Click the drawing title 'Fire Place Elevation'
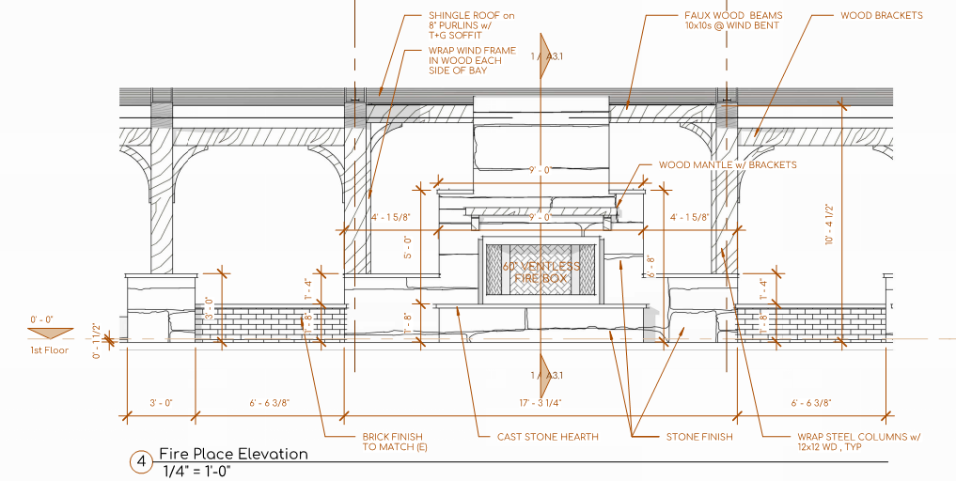pyautogui.click(x=233, y=454)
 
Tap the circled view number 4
pyautogui.click(x=140, y=461)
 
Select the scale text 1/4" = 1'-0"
pyautogui.click(x=196, y=471)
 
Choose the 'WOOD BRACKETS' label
pyautogui.click(x=881, y=15)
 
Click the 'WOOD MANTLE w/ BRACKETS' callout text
pyautogui.click(x=727, y=164)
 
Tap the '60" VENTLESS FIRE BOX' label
pyautogui.click(x=541, y=273)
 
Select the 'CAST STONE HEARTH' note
pyautogui.click(x=547, y=437)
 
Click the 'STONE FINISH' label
pyautogui.click(x=699, y=437)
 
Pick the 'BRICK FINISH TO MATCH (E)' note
pyautogui.click(x=392, y=442)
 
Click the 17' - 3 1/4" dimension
pyautogui.click(x=539, y=403)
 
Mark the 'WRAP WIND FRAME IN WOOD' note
pyautogui.click(x=464, y=60)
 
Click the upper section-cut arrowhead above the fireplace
pyautogui.click(x=542, y=47)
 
